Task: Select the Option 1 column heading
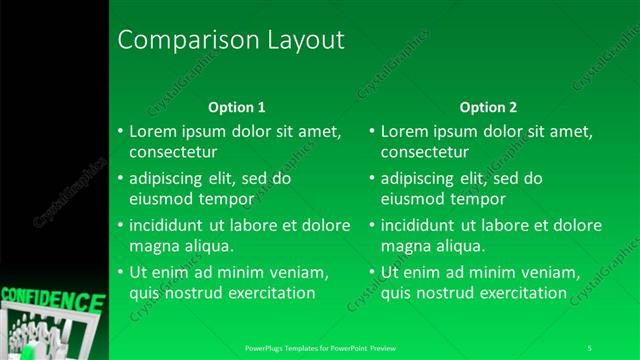tap(236, 107)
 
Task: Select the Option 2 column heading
tap(488, 107)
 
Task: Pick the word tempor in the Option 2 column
tap(478, 199)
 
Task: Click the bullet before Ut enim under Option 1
tap(120, 272)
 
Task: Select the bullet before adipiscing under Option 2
tap(372, 179)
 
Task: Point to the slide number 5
tap(590, 348)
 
